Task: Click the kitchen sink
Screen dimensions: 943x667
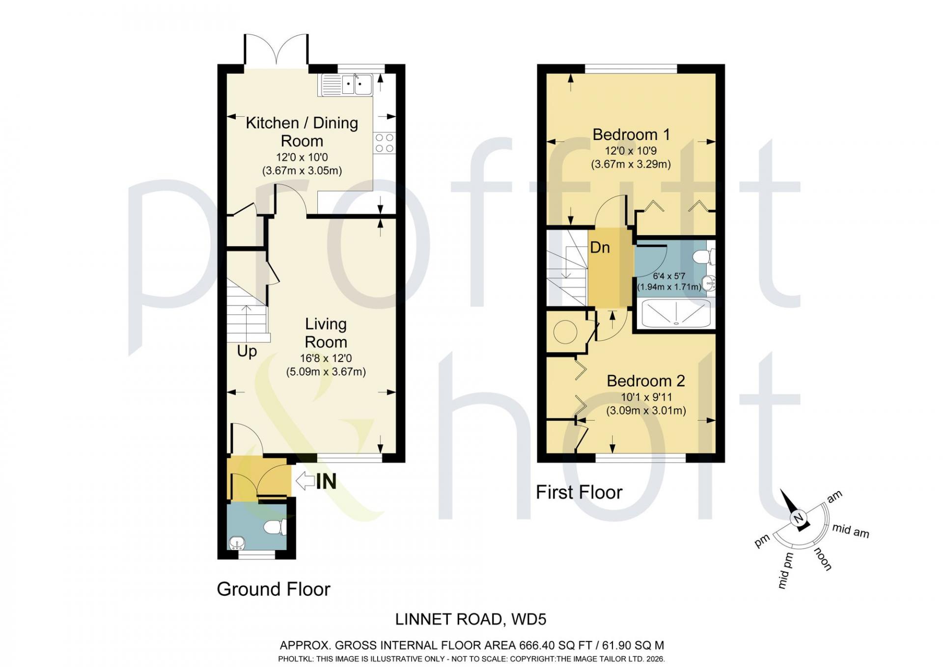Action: (347, 84)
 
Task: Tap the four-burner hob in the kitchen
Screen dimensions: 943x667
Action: (385, 143)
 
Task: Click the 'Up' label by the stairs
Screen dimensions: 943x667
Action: (247, 352)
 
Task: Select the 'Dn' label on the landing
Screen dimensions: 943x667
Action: (600, 247)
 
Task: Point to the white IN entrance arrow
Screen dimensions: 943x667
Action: (305, 481)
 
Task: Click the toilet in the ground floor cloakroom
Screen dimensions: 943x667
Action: (276, 528)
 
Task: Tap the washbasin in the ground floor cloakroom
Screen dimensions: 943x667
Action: (237, 543)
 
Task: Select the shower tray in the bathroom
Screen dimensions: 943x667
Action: (676, 313)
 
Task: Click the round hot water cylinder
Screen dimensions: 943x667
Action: (565, 333)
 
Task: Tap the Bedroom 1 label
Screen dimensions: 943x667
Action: (631, 134)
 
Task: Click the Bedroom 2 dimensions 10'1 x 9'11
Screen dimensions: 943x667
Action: (646, 397)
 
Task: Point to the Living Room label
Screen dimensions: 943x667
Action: (326, 333)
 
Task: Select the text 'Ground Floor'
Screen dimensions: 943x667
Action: (274, 589)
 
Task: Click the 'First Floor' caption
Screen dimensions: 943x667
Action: (579, 492)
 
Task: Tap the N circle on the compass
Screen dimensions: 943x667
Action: (798, 518)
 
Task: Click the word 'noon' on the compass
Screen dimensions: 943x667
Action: (824, 559)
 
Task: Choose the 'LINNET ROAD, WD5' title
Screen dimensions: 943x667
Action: (471, 619)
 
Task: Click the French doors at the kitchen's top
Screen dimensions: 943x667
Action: (277, 50)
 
